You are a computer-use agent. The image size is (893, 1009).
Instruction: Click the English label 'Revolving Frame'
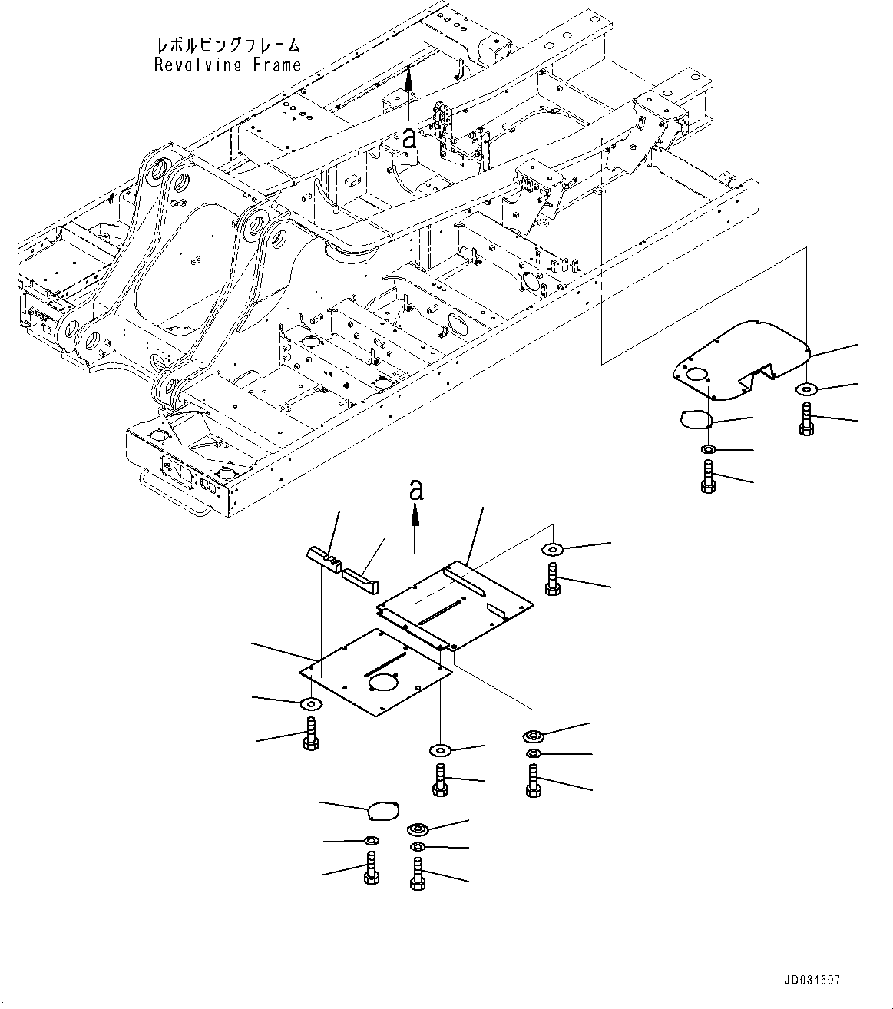pyautogui.click(x=227, y=65)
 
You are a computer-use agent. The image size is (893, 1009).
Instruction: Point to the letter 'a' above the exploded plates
pyautogui.click(x=415, y=490)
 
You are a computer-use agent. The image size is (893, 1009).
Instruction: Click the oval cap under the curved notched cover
pyautogui.click(x=696, y=418)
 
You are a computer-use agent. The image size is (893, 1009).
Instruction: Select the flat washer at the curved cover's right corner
pyautogui.click(x=806, y=389)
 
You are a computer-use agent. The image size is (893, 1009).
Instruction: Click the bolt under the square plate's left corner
pyautogui.click(x=311, y=733)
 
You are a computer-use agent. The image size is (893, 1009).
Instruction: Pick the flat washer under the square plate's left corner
pyautogui.click(x=311, y=703)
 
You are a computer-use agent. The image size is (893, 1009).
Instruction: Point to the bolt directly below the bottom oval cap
pyautogui.click(x=372, y=870)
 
